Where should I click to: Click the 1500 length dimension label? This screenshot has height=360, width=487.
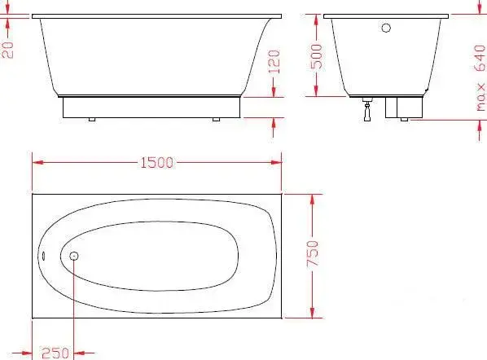(x=157, y=163)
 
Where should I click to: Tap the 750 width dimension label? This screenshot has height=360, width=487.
(x=313, y=253)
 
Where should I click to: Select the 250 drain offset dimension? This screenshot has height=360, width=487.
(x=55, y=353)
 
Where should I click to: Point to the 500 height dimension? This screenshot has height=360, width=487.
(x=317, y=56)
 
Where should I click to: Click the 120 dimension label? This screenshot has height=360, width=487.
(x=274, y=62)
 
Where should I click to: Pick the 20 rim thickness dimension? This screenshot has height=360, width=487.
(x=8, y=50)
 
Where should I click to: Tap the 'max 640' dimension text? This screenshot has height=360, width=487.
(x=480, y=78)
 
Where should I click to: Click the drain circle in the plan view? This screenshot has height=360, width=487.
(x=73, y=256)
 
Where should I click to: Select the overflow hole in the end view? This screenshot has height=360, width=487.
(x=386, y=28)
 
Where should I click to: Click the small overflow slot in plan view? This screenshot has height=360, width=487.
(x=43, y=256)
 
